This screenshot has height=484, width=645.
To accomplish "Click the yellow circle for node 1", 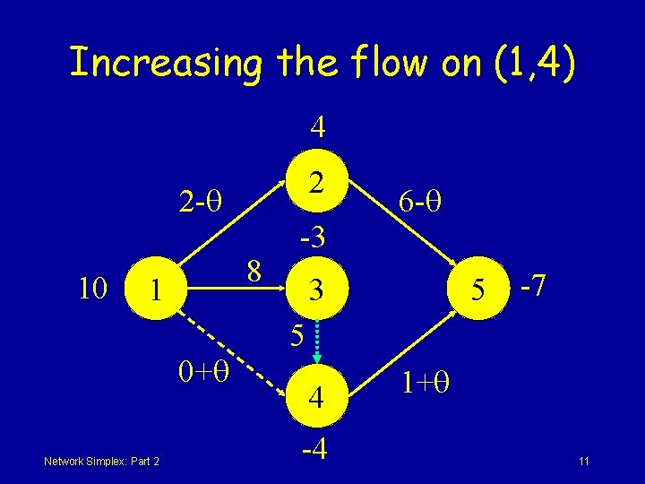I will point(156,290).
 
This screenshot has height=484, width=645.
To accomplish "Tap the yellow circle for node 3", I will point(315,290).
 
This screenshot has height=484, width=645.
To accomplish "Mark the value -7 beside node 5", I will point(535,288).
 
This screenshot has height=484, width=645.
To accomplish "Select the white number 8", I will point(254,270).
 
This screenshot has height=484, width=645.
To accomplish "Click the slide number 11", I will point(583,462).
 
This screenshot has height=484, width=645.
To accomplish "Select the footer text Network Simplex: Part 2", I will point(100,461).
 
